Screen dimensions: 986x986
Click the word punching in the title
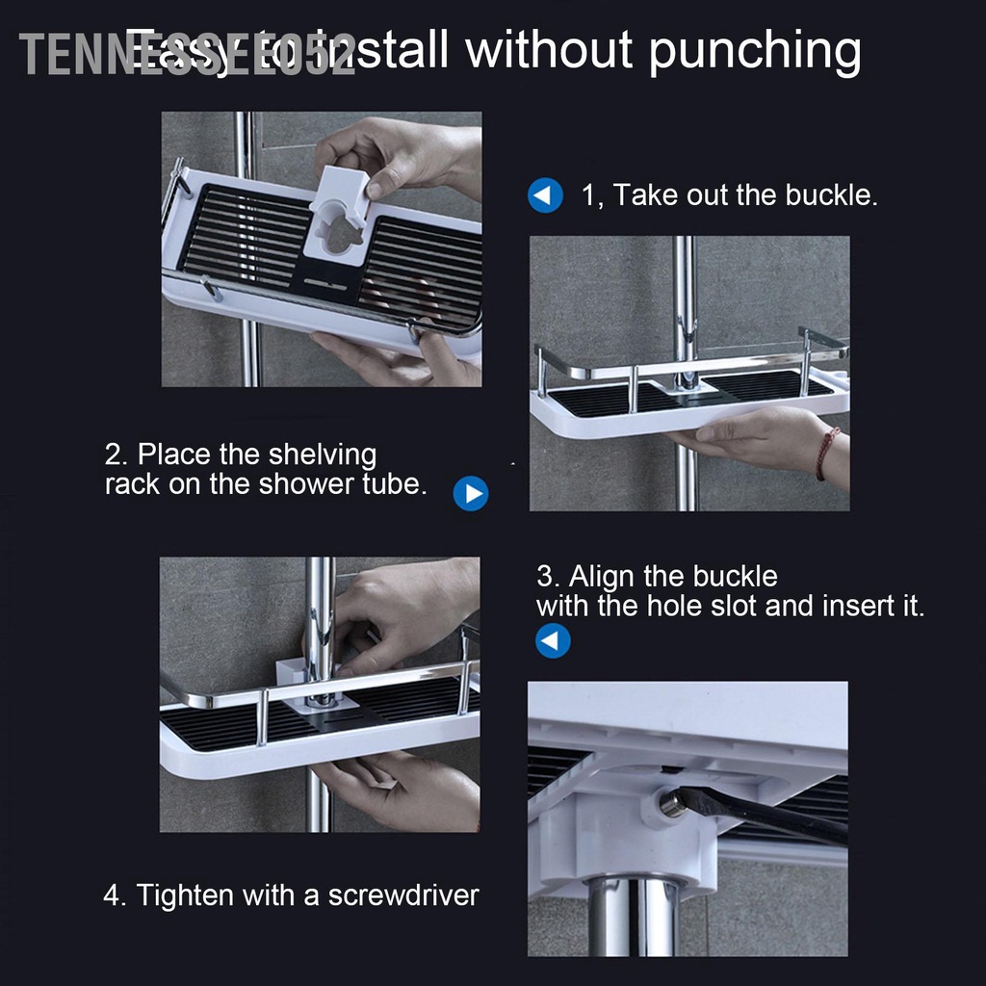coord(754,51)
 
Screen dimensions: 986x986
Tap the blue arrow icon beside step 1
coord(545,196)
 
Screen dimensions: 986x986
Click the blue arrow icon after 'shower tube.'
coord(471,494)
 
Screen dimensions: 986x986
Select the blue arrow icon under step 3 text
coord(553,640)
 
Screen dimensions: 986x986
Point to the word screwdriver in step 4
coord(403,895)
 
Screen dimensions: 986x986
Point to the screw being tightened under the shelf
coord(671,804)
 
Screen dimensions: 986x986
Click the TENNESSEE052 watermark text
coord(188,55)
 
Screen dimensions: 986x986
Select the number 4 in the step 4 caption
coord(113,895)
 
